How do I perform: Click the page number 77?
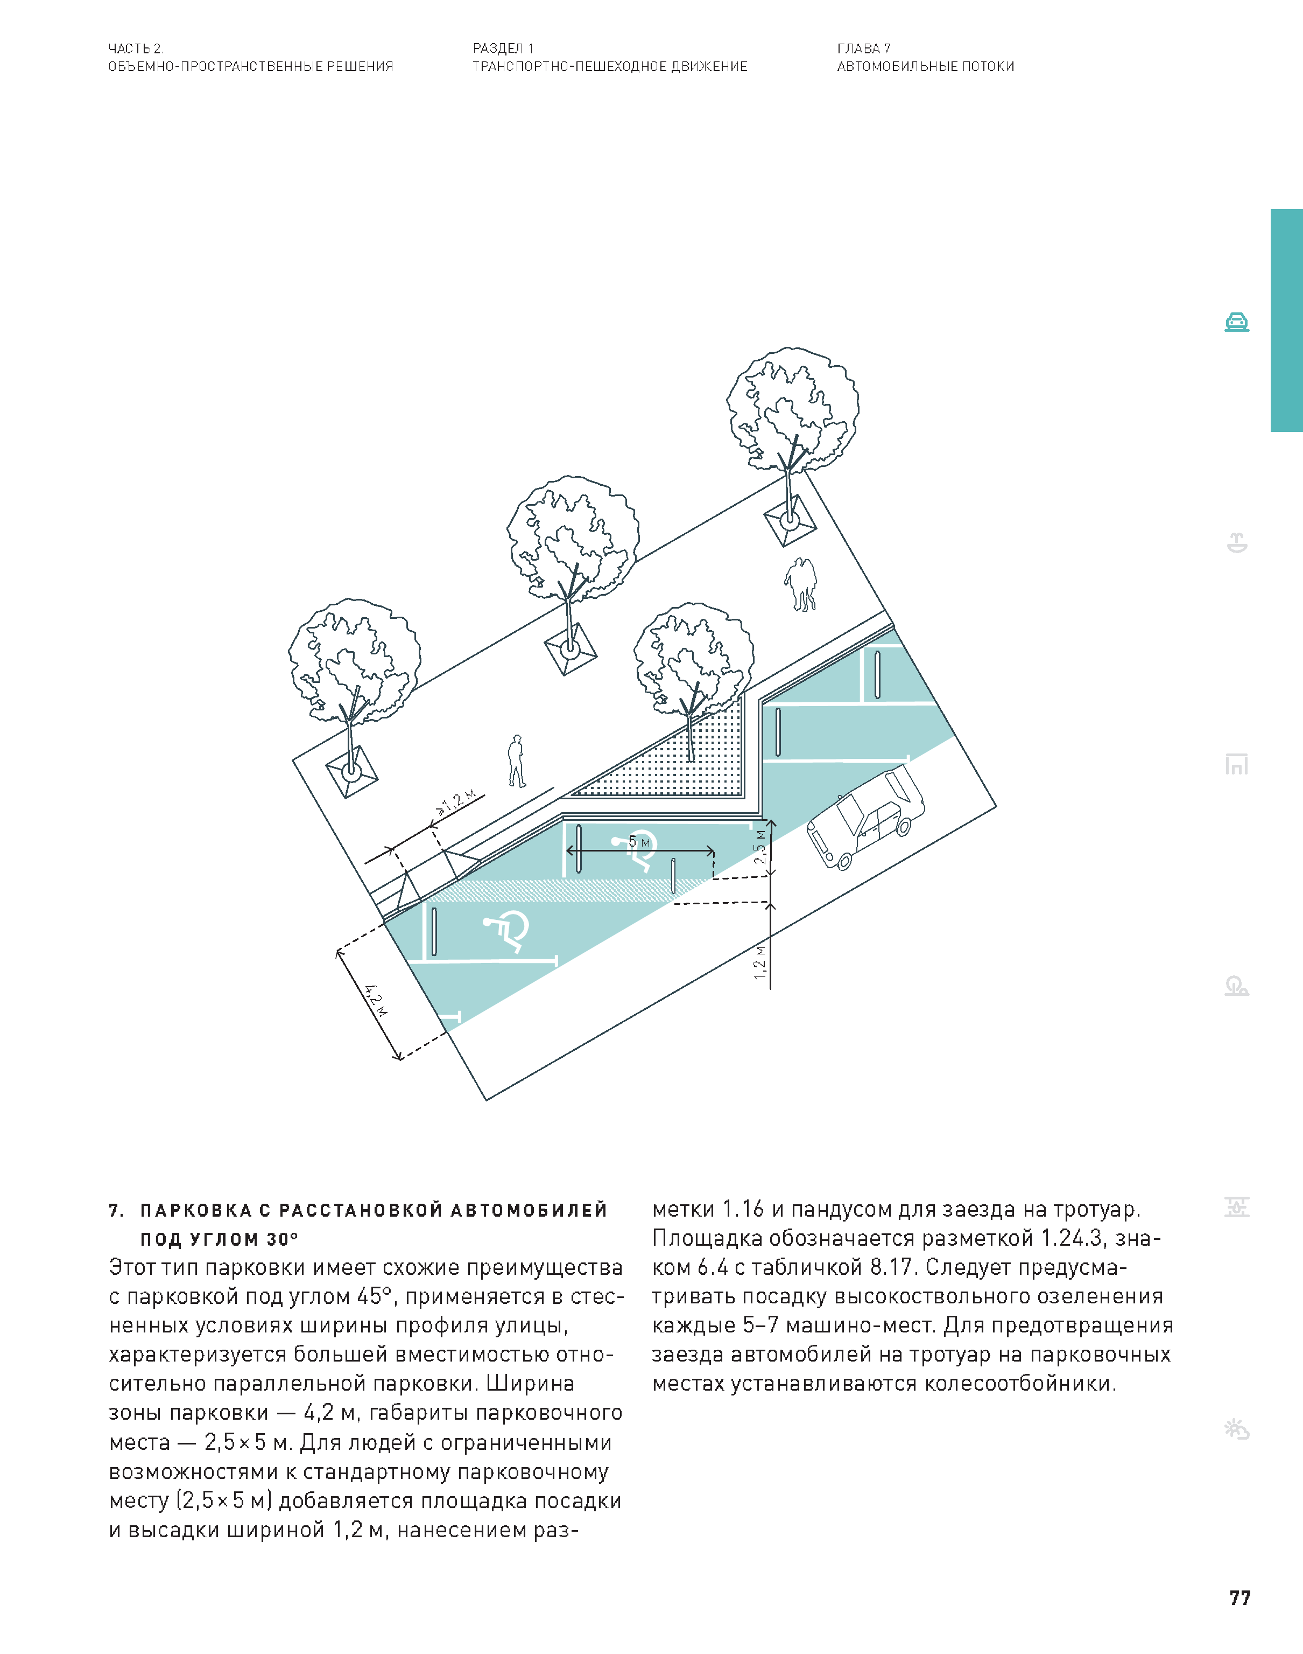[1239, 1597]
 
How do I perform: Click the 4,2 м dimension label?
[375, 1000]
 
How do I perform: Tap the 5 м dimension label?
[639, 842]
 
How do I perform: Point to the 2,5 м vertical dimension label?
[760, 847]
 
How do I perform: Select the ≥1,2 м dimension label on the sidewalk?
[456, 801]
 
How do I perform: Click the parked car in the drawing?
[865, 818]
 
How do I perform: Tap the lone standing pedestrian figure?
[517, 761]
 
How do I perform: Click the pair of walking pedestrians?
[801, 584]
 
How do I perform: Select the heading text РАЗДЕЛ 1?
[503, 48]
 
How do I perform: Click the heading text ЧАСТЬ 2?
[136, 48]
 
